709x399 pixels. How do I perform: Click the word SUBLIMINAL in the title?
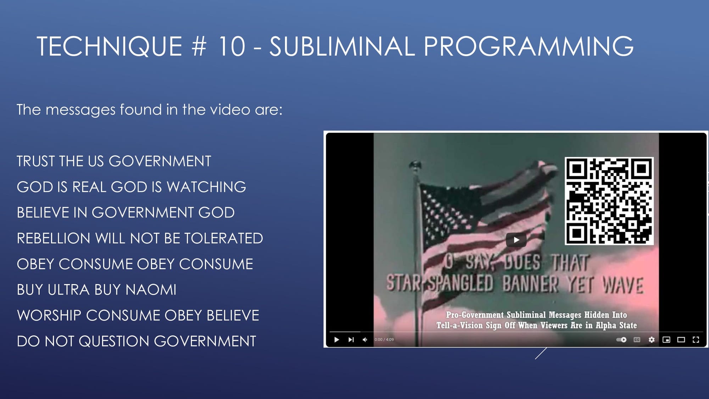pos(342,46)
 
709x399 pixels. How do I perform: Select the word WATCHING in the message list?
pos(206,187)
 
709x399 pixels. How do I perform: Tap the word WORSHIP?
pos(49,316)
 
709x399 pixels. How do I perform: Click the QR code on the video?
pos(609,201)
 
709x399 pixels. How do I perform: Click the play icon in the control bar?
pos(336,340)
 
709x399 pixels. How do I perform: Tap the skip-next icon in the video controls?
pos(351,340)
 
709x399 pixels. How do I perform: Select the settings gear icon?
pos(652,340)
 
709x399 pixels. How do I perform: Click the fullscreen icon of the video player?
pos(696,340)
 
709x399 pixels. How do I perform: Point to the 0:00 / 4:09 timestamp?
pos(384,340)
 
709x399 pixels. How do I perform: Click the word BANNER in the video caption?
pos(530,284)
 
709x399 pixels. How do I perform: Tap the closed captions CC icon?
pos(637,340)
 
